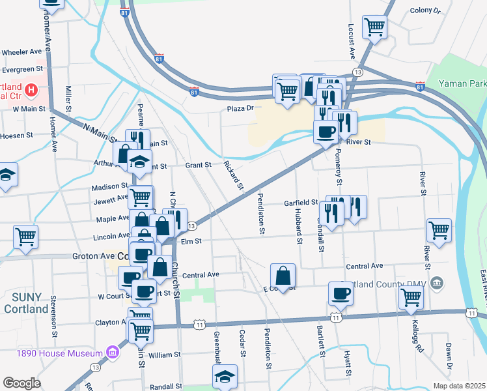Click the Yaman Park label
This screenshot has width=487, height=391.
(462, 84)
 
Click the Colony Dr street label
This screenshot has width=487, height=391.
(425, 11)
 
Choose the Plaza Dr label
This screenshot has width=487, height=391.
(239, 109)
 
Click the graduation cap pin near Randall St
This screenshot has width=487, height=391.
(225, 376)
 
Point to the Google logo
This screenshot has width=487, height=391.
(21, 383)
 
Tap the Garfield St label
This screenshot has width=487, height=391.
(300, 203)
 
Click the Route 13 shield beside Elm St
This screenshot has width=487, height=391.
(191, 226)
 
